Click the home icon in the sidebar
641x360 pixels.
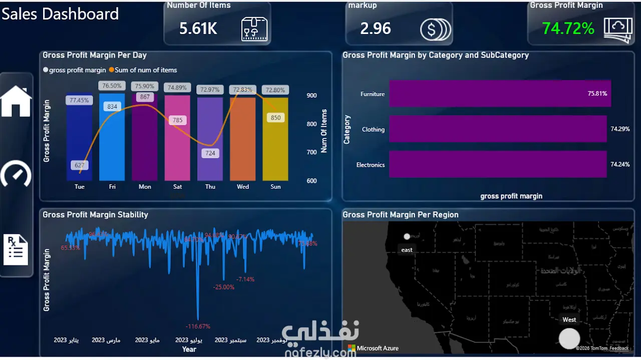(x=16, y=101)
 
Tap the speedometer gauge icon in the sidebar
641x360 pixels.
(x=16, y=174)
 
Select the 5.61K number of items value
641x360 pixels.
(x=198, y=29)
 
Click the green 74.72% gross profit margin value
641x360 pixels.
(x=568, y=29)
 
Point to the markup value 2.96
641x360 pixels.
(x=376, y=29)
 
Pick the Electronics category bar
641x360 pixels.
(x=498, y=164)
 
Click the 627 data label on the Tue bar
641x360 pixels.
(x=80, y=165)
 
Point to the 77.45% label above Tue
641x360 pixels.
(x=79, y=100)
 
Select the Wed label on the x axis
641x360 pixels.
(x=243, y=187)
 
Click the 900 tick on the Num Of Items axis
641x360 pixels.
(x=312, y=96)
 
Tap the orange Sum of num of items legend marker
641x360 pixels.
(x=111, y=70)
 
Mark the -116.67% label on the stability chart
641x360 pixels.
(x=198, y=326)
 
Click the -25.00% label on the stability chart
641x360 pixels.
(x=224, y=287)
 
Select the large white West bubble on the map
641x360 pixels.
(x=569, y=338)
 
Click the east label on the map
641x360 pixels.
(x=407, y=250)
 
